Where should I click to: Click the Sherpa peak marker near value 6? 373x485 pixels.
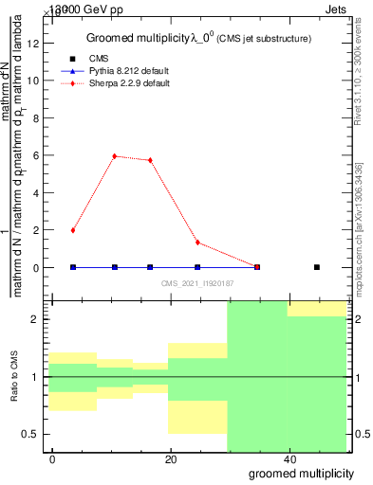point(115,156)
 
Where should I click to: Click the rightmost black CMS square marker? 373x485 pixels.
point(317,267)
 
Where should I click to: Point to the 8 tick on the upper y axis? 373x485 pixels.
point(37,118)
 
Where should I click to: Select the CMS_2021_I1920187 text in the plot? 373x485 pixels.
point(196,282)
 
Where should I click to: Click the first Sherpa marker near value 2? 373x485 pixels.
point(73,230)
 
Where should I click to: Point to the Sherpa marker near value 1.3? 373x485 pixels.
point(197,242)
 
